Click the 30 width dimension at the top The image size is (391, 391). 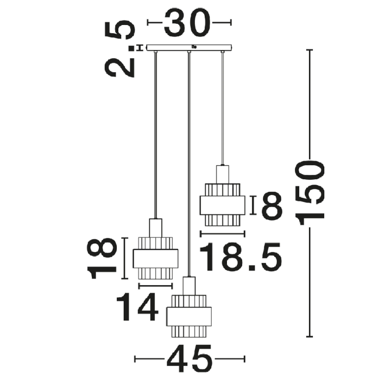187,23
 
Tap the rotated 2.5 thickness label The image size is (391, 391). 119,49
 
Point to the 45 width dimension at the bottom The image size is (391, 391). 190,359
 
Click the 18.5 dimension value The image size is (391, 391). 241,257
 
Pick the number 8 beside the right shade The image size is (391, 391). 272,206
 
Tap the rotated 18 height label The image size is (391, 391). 102,258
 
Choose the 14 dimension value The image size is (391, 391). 137,307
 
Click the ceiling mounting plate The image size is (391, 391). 189,48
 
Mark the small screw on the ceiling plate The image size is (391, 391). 194,46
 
